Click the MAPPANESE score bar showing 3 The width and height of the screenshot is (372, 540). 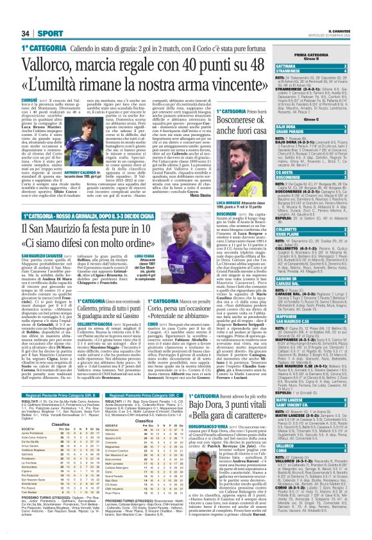323,315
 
